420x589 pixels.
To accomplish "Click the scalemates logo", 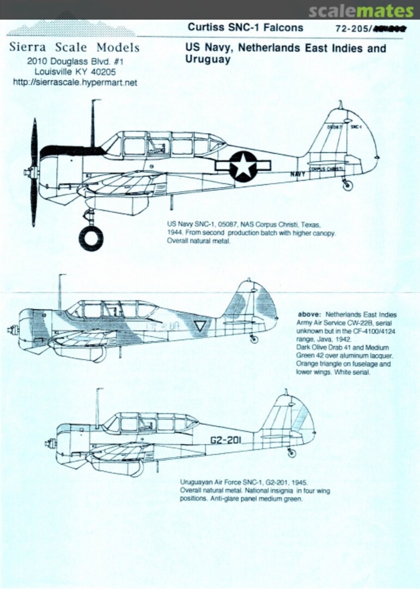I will pos(361,10).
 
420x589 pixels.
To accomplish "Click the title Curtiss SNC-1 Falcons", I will pos(245,27).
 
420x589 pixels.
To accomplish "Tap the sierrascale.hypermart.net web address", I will pos(75,82).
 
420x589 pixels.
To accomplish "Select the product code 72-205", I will pos(352,29).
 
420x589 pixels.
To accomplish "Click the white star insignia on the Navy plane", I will pos(242,166).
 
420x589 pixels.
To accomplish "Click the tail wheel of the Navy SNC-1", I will pos(347,185).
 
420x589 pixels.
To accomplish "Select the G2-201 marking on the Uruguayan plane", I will pos(224,440).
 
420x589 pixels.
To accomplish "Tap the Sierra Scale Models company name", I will pos(75,47).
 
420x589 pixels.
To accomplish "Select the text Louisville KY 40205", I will pos(75,71).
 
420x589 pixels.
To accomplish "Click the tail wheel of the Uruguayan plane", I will pos(292,452).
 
